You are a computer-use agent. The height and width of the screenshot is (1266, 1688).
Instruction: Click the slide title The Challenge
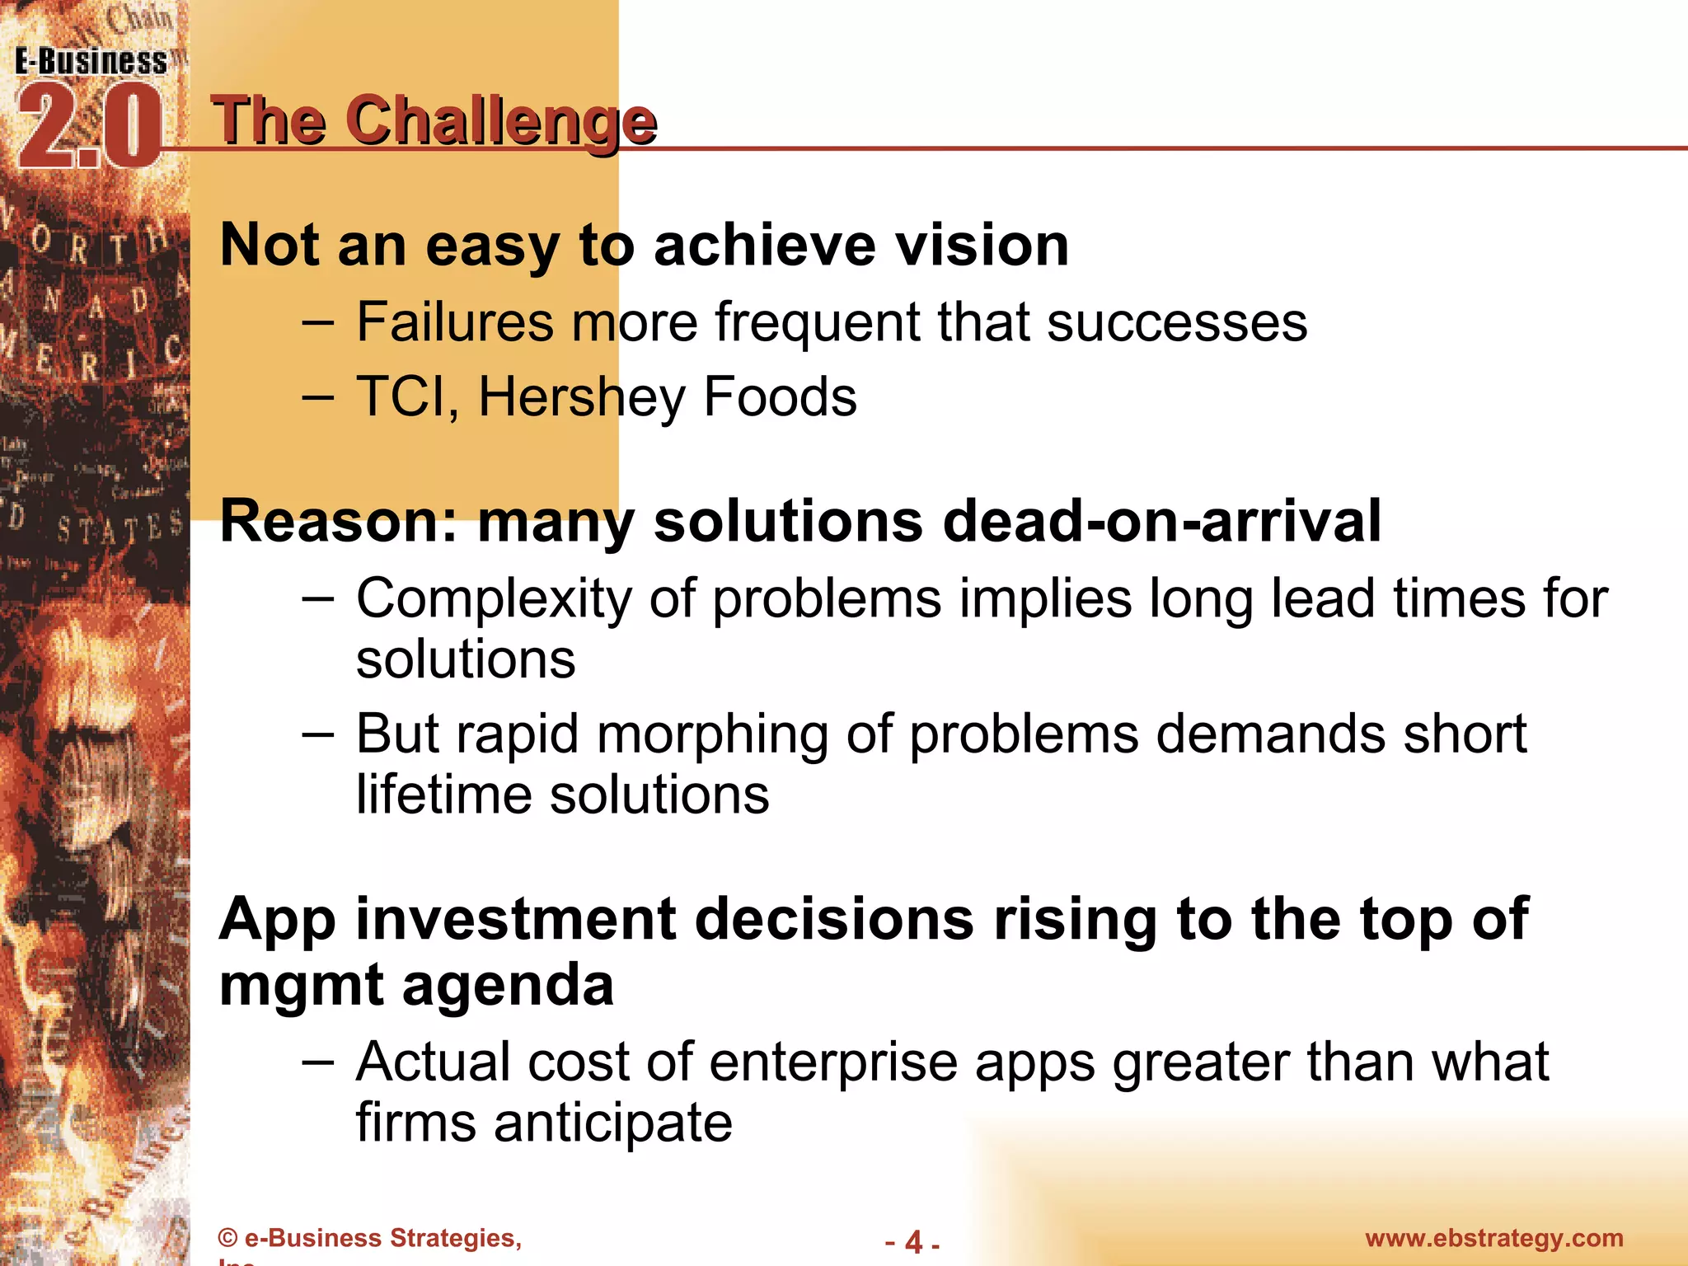[434, 121]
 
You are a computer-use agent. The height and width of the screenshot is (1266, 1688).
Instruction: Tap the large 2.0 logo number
[89, 128]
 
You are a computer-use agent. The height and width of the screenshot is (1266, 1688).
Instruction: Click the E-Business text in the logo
[91, 62]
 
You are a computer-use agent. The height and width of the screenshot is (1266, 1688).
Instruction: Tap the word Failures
[454, 321]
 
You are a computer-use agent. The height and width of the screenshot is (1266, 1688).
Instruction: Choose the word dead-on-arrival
[1161, 521]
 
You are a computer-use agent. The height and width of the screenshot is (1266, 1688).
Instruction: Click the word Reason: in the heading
[339, 521]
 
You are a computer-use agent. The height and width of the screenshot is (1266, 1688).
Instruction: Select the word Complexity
[493, 598]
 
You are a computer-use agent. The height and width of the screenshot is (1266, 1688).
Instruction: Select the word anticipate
[612, 1123]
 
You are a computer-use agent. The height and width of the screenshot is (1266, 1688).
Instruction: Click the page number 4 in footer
[913, 1241]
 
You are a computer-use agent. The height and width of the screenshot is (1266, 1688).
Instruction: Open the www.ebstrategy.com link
[1493, 1238]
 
